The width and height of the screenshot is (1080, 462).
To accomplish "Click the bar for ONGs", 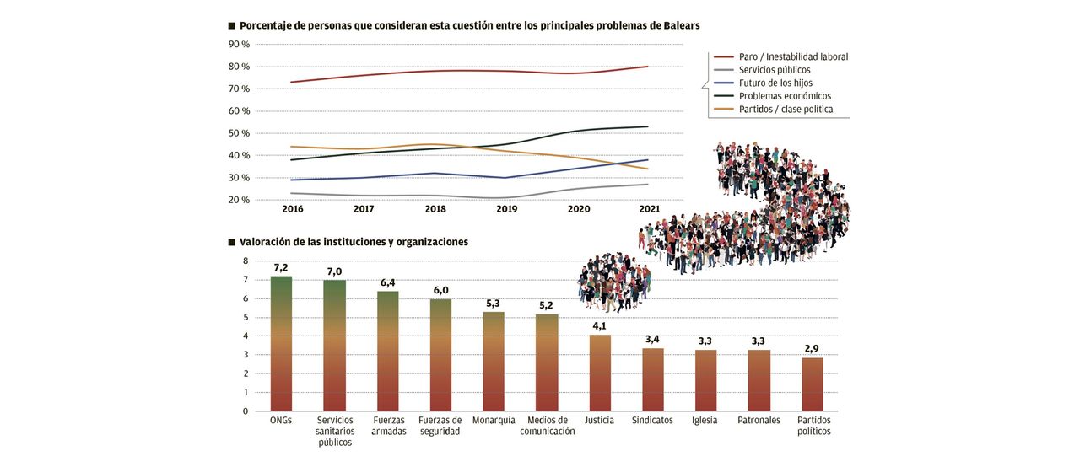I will click(281, 344).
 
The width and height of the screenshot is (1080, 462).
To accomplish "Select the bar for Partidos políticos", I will click(812, 384).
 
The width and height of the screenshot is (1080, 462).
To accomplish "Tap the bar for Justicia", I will click(599, 373).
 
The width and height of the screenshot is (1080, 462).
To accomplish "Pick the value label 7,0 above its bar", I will click(334, 271).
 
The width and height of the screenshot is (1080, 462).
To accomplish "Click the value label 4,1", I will click(599, 325).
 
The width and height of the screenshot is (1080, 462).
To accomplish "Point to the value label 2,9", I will click(812, 348).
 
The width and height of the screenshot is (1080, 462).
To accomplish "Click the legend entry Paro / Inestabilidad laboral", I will click(792, 56).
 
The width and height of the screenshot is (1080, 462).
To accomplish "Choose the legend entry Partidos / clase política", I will click(786, 109).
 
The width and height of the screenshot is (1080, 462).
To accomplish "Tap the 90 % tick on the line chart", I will click(239, 44).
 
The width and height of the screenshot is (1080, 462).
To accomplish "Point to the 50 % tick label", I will click(239, 133).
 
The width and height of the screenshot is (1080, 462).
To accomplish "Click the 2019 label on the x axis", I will click(506, 209).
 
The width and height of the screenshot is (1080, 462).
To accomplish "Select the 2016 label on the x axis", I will click(292, 209).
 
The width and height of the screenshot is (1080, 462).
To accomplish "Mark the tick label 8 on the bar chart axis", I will click(246, 261).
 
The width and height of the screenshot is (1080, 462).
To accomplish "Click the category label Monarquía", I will click(494, 420).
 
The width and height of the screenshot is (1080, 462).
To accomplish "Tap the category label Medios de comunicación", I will click(547, 426).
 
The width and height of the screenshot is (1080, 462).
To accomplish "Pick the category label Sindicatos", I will click(652, 420).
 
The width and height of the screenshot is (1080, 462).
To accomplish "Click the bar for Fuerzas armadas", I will click(387, 352).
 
